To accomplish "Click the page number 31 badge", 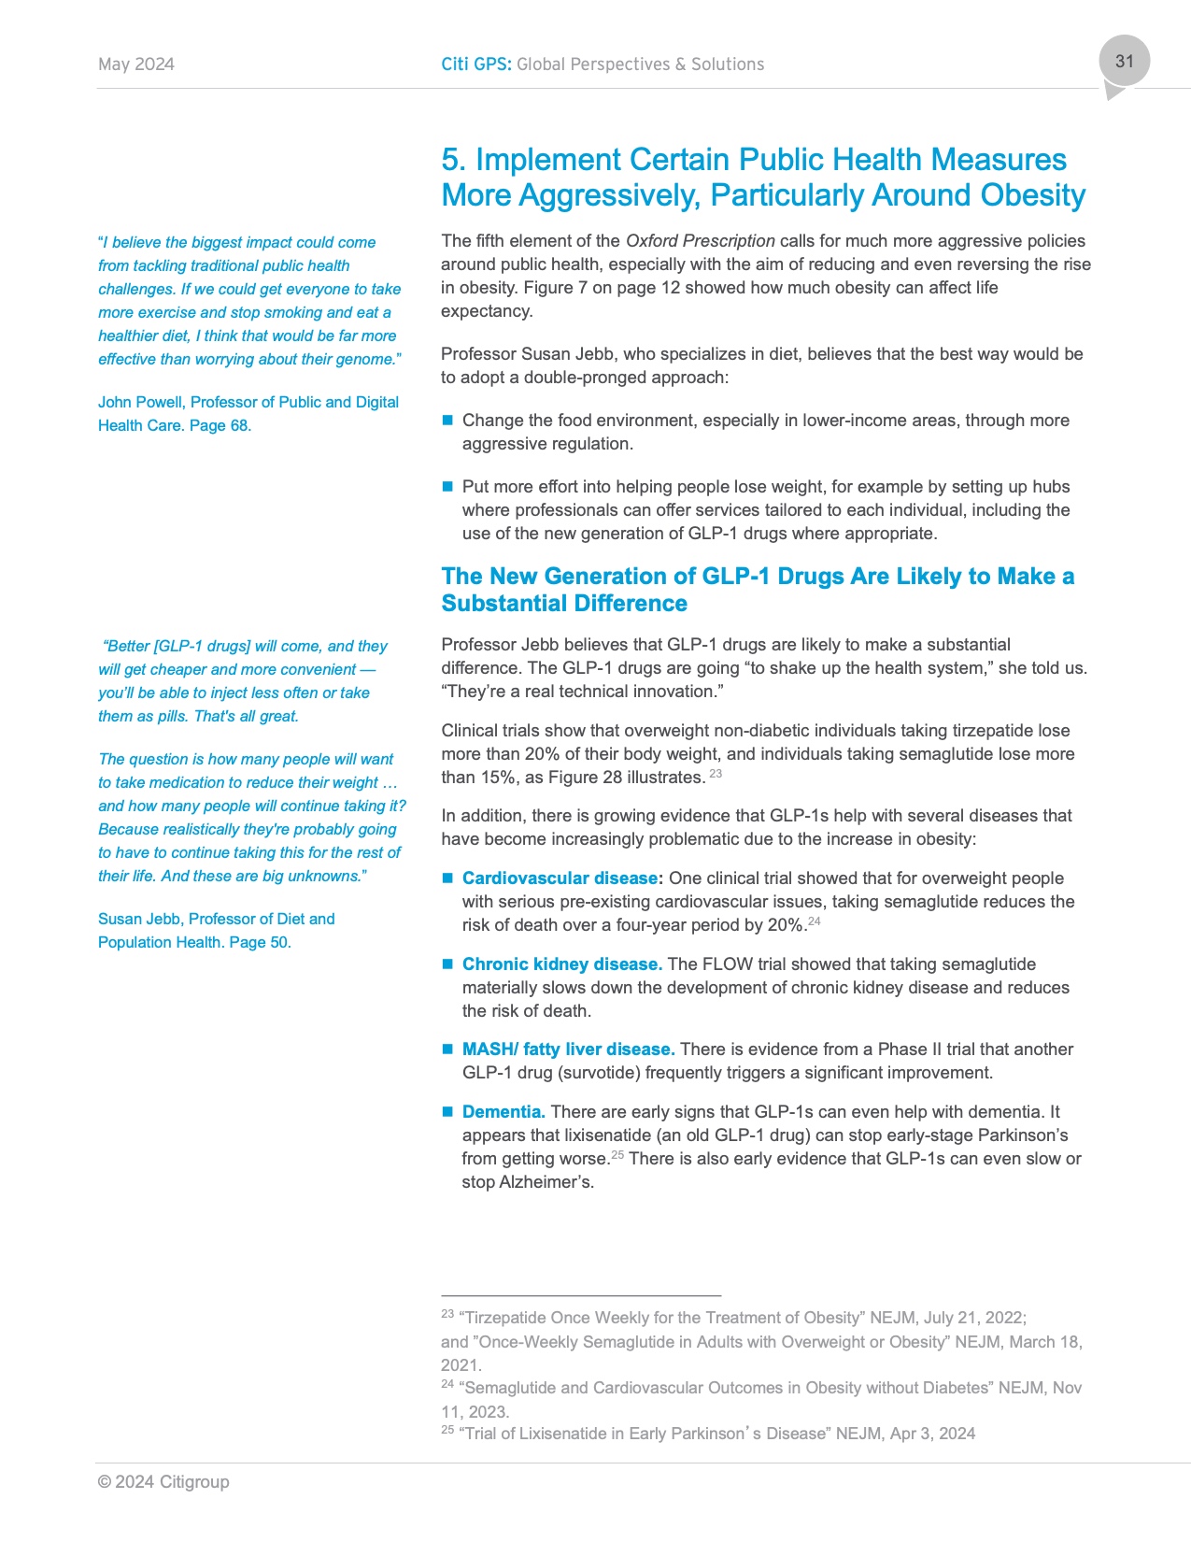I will (1124, 62).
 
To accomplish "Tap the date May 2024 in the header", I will (136, 64).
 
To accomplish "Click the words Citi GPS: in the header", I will (476, 64).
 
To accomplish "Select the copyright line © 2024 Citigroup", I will (163, 1482).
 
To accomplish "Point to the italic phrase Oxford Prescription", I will (700, 241).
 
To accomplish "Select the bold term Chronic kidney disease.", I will (562, 964).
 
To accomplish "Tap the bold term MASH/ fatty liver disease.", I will (568, 1049).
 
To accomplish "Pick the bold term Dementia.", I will (503, 1112).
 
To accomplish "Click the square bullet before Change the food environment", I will (447, 421).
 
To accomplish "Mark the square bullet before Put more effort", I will (447, 487).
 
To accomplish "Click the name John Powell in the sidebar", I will (140, 403).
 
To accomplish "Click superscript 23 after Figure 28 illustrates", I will (716, 774).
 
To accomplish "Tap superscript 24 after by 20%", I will (815, 921).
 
